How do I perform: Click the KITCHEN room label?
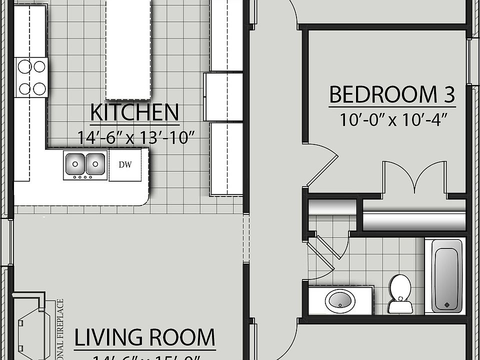(134, 113)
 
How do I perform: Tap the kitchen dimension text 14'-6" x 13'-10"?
(135, 136)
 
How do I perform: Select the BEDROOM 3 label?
(391, 94)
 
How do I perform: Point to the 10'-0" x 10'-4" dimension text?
(392, 120)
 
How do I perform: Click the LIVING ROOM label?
(144, 338)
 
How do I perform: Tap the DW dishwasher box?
(125, 165)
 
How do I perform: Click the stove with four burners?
(31, 77)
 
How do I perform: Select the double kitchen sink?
(85, 165)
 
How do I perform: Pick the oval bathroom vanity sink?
(340, 301)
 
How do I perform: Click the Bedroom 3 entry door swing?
(320, 162)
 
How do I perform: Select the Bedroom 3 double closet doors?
(414, 176)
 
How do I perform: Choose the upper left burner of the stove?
(23, 65)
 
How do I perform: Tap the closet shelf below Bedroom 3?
(413, 221)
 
